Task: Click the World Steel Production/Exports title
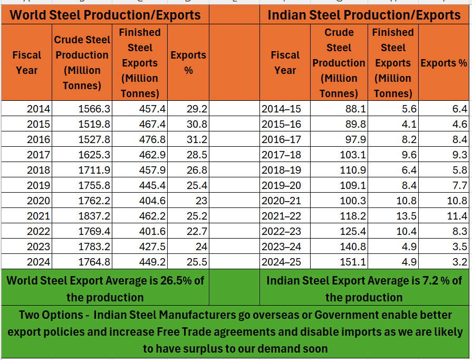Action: (x=105, y=14)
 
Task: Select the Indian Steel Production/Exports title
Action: (x=364, y=14)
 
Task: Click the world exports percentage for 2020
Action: (x=201, y=201)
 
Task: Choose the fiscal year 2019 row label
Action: (x=38, y=186)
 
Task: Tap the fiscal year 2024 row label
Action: (x=38, y=262)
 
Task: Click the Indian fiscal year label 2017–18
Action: (x=282, y=155)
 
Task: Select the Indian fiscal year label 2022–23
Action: (x=282, y=232)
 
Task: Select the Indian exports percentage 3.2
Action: (x=459, y=262)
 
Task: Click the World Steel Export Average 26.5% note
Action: (x=105, y=288)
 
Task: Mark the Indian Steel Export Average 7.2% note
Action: (x=364, y=288)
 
